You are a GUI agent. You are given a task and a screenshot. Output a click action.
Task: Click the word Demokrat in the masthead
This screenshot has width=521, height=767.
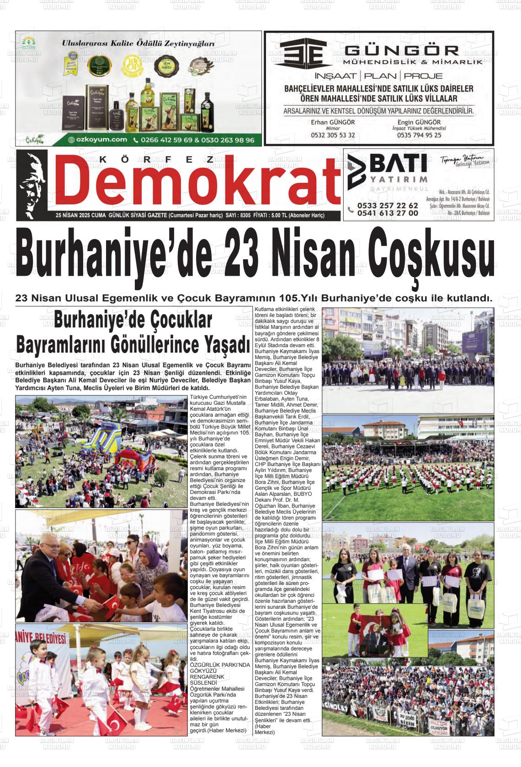coord(200,183)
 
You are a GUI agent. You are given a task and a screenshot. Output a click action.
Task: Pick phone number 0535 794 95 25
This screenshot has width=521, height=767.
coord(419,135)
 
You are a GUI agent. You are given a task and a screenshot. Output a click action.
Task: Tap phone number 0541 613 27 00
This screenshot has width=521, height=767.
coord(388,213)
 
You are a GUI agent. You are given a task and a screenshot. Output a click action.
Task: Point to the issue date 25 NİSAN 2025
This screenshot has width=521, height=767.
coord(73,215)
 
